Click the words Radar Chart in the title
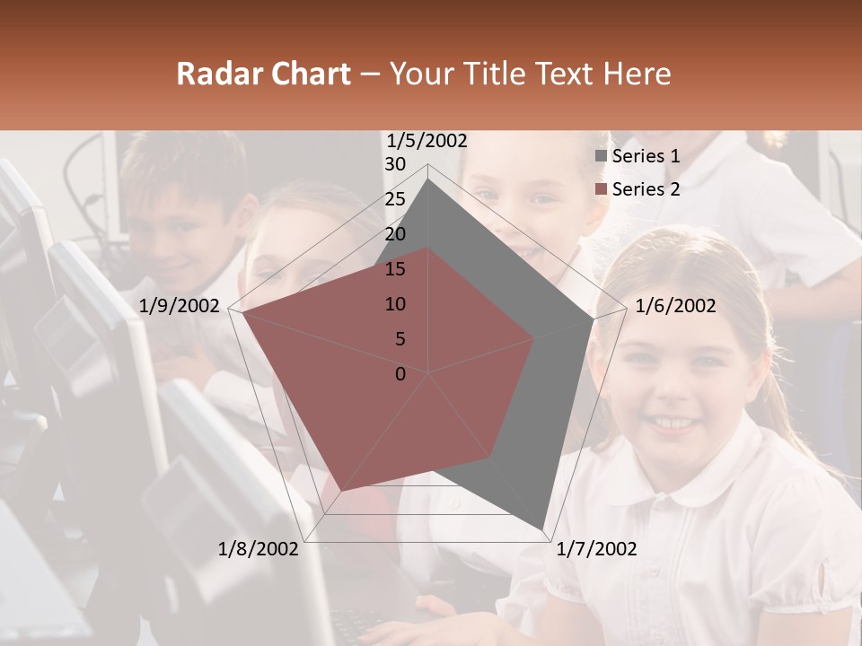pos(263,74)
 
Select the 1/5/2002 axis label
pos(427,141)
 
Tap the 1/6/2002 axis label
pos(675,306)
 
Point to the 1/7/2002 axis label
pos(596,549)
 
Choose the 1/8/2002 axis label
pos(259,549)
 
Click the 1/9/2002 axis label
pos(180,306)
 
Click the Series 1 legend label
pos(646,156)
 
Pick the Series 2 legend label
pos(646,189)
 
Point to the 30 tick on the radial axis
pos(395,164)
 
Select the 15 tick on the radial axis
pos(395,269)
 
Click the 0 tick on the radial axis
pos(400,374)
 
